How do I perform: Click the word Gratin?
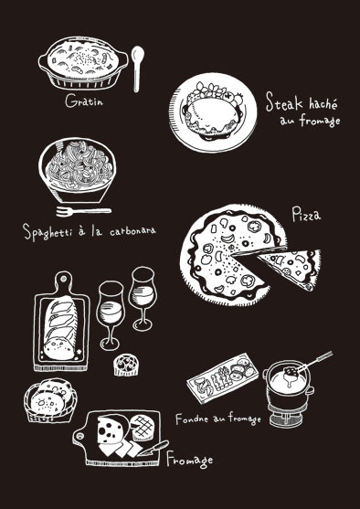pos(84,101)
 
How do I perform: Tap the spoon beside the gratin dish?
pos(137,69)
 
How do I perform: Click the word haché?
pos(323,103)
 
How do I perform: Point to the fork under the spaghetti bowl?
pos(83,211)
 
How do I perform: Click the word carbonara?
pos(132,232)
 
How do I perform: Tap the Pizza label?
pos(306,215)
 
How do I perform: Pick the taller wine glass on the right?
pos(143,298)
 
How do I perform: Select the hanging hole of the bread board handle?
pos(63,279)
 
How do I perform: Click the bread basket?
pos(50,400)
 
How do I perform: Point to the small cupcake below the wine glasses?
pos(125,365)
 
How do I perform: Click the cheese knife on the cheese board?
pos(153,449)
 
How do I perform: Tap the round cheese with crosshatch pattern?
pos(142,427)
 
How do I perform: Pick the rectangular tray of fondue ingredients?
pos(223,377)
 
